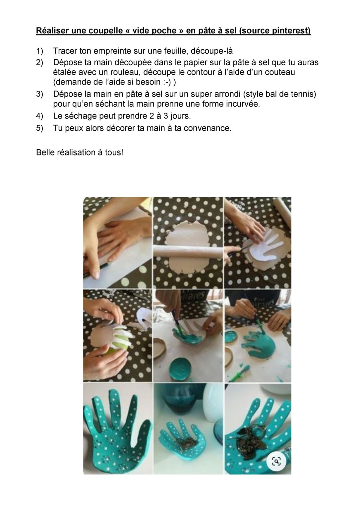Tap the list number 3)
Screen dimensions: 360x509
[39, 94]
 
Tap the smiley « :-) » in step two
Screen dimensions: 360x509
[166, 82]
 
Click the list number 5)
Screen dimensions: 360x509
[39, 128]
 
